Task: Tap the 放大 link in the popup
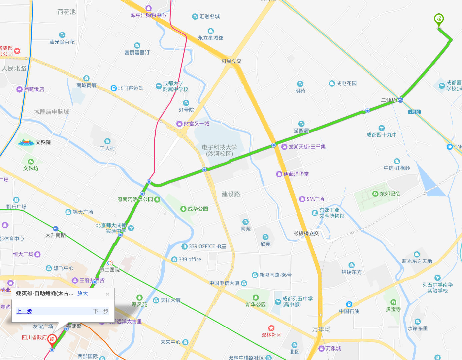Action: click(82, 293)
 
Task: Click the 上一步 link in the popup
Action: click(24, 311)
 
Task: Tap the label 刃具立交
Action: click(231, 61)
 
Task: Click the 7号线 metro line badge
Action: click(414, 112)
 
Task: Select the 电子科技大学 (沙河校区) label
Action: click(219, 150)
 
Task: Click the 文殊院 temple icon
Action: click(26, 142)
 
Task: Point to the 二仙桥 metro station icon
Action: click(401, 100)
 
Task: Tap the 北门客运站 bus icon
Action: click(113, 88)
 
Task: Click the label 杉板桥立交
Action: click(306, 233)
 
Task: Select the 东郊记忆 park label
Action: click(390, 194)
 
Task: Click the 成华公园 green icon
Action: click(183, 209)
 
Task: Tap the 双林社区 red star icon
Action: click(271, 328)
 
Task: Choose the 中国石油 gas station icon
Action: click(349, 304)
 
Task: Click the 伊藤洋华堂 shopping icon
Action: click(279, 174)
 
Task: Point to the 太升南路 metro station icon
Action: click(56, 229)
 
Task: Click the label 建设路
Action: click(231, 194)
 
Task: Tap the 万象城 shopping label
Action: click(333, 348)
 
